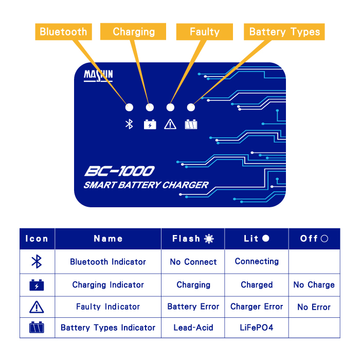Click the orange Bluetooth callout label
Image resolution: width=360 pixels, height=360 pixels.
click(63, 32)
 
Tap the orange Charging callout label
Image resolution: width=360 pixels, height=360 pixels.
click(133, 31)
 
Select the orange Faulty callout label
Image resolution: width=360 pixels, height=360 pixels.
click(205, 32)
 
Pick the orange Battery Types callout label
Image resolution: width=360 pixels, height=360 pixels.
click(284, 32)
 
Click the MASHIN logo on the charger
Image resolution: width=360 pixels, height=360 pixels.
click(98, 75)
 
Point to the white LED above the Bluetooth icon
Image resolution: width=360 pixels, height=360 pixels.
click(129, 107)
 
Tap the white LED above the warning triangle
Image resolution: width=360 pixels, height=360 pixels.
click(170, 107)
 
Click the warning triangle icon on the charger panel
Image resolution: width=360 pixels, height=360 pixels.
click(170, 124)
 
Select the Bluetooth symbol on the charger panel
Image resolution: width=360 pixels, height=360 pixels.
click(129, 124)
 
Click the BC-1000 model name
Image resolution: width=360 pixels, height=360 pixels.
click(119, 171)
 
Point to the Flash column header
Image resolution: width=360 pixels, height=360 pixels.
click(193, 239)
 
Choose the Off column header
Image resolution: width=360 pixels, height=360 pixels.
click(314, 239)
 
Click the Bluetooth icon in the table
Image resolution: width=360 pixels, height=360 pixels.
click(37, 261)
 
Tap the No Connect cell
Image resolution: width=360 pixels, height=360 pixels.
click(193, 262)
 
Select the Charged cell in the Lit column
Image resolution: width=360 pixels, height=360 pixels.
click(257, 285)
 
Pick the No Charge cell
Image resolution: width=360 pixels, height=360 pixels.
click(314, 285)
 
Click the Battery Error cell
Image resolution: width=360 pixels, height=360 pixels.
click(193, 307)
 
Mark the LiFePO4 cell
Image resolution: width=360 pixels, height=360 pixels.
click(257, 328)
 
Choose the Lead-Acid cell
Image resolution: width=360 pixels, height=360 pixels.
click(193, 328)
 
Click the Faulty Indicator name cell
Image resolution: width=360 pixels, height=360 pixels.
click(108, 307)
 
